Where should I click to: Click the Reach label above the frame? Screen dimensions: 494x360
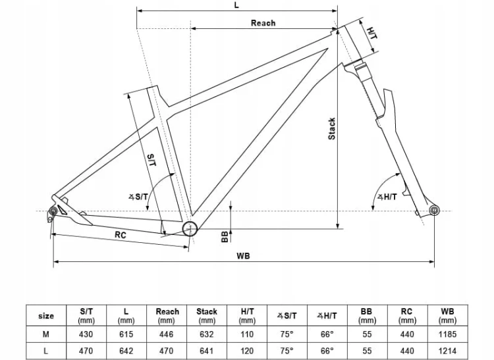tap(263, 23)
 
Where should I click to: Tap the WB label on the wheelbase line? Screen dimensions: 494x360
tap(243, 256)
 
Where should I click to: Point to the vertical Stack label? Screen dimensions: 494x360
tap(332, 129)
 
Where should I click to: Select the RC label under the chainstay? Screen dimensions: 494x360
tap(121, 235)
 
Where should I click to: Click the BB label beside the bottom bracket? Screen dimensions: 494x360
tap(225, 237)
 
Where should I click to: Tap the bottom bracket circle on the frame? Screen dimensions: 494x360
tap(190, 229)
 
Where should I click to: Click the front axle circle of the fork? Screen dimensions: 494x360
tap(434, 210)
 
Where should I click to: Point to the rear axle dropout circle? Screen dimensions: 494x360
tap(53, 211)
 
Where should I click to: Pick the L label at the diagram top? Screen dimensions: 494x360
tap(236, 5)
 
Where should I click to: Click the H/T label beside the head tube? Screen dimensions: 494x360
tap(372, 33)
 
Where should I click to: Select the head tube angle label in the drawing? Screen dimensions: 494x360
tap(387, 197)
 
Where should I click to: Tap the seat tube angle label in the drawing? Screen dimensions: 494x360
tap(138, 197)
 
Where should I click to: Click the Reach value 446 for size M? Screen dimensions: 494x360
tap(167, 334)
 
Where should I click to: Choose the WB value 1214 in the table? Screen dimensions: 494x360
tap(447, 351)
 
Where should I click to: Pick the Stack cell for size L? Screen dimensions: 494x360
tap(207, 351)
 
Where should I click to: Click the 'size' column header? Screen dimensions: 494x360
tap(46, 316)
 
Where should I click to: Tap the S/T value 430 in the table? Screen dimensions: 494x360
tap(86, 334)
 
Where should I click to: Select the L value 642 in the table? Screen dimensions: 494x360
tap(126, 351)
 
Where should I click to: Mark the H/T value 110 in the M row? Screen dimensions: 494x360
tap(247, 334)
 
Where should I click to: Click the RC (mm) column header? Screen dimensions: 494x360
tap(407, 316)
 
